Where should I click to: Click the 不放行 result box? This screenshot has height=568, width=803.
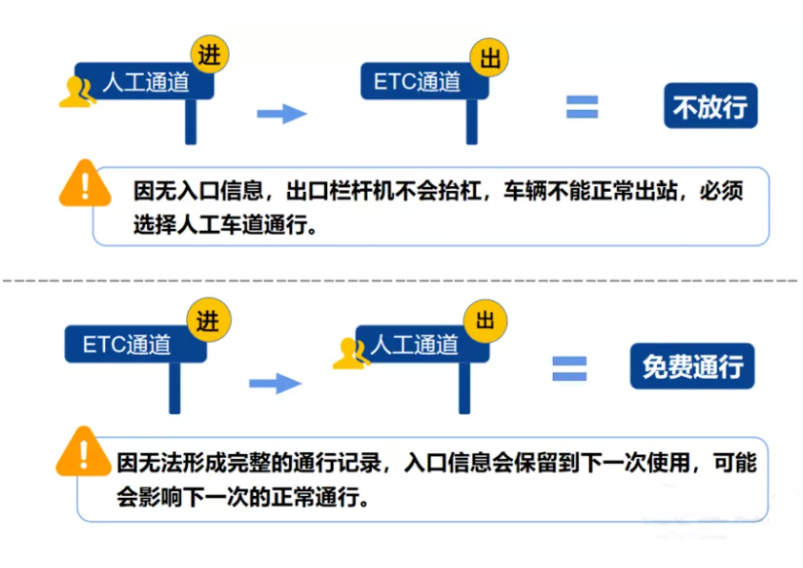pyautogui.click(x=710, y=105)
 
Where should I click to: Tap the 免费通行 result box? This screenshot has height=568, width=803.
pyautogui.click(x=691, y=366)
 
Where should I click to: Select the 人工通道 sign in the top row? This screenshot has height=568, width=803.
pyautogui.click(x=146, y=83)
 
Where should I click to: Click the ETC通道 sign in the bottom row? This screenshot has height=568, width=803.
pyautogui.click(x=128, y=344)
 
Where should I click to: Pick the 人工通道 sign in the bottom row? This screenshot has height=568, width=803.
pyautogui.click(x=414, y=344)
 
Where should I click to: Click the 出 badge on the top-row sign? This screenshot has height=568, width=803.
pyautogui.click(x=488, y=57)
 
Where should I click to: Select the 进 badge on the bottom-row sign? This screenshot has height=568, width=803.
pyautogui.click(x=206, y=321)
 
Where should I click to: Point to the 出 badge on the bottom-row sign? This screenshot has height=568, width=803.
pyautogui.click(x=486, y=321)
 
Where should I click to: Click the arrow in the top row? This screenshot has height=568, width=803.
pyautogui.click(x=281, y=114)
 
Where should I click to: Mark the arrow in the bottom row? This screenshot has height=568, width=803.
pyautogui.click(x=275, y=382)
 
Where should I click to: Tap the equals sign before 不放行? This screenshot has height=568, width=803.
pyautogui.click(x=582, y=107)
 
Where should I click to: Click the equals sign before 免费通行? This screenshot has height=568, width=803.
pyautogui.click(x=569, y=367)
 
